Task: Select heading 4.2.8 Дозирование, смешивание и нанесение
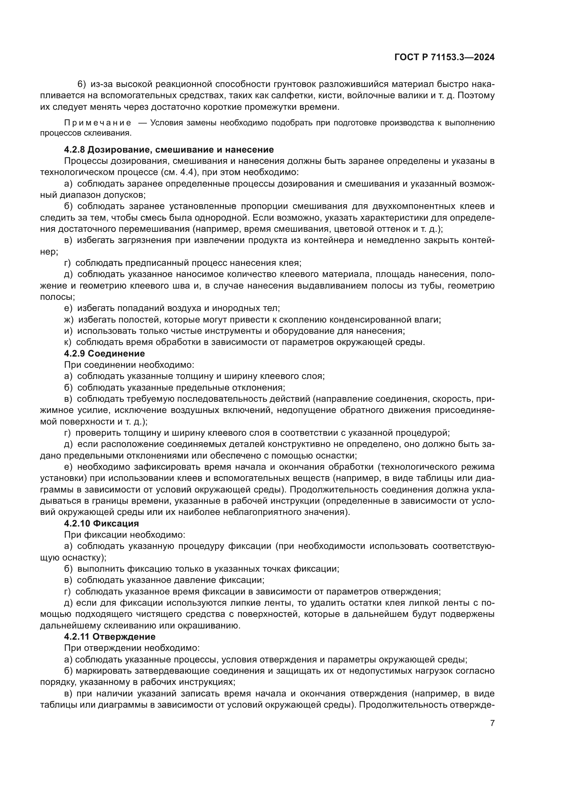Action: click(169, 150)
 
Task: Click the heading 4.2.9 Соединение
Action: click(105, 353)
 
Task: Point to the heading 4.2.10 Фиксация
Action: click(101, 523)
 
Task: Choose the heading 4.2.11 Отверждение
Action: click(110, 636)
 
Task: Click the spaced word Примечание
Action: click(98, 123)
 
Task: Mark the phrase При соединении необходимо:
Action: click(129, 365)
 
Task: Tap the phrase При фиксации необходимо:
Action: click(125, 535)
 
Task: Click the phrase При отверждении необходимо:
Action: click(132, 648)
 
